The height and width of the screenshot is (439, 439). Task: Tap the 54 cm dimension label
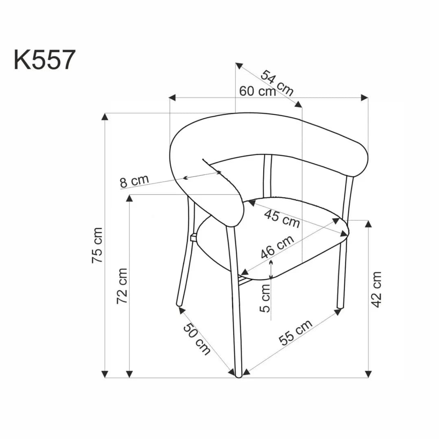[x=277, y=83]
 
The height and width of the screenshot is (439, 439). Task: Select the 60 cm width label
[x=257, y=91]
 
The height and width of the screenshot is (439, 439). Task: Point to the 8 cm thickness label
[x=135, y=181]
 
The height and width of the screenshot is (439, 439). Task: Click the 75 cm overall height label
[x=98, y=245]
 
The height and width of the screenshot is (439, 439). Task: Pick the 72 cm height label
[x=122, y=286]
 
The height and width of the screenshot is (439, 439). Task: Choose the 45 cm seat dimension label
[x=282, y=219]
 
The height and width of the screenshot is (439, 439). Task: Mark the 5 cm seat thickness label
[x=265, y=298]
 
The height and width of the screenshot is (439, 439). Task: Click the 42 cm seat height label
[x=377, y=289]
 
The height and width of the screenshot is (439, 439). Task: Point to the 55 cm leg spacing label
[x=296, y=332]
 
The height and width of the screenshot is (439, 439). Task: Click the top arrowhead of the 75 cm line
[x=105, y=117]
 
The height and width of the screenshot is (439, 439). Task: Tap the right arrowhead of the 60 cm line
[x=365, y=98]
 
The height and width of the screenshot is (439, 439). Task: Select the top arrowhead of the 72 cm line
[x=129, y=198]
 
